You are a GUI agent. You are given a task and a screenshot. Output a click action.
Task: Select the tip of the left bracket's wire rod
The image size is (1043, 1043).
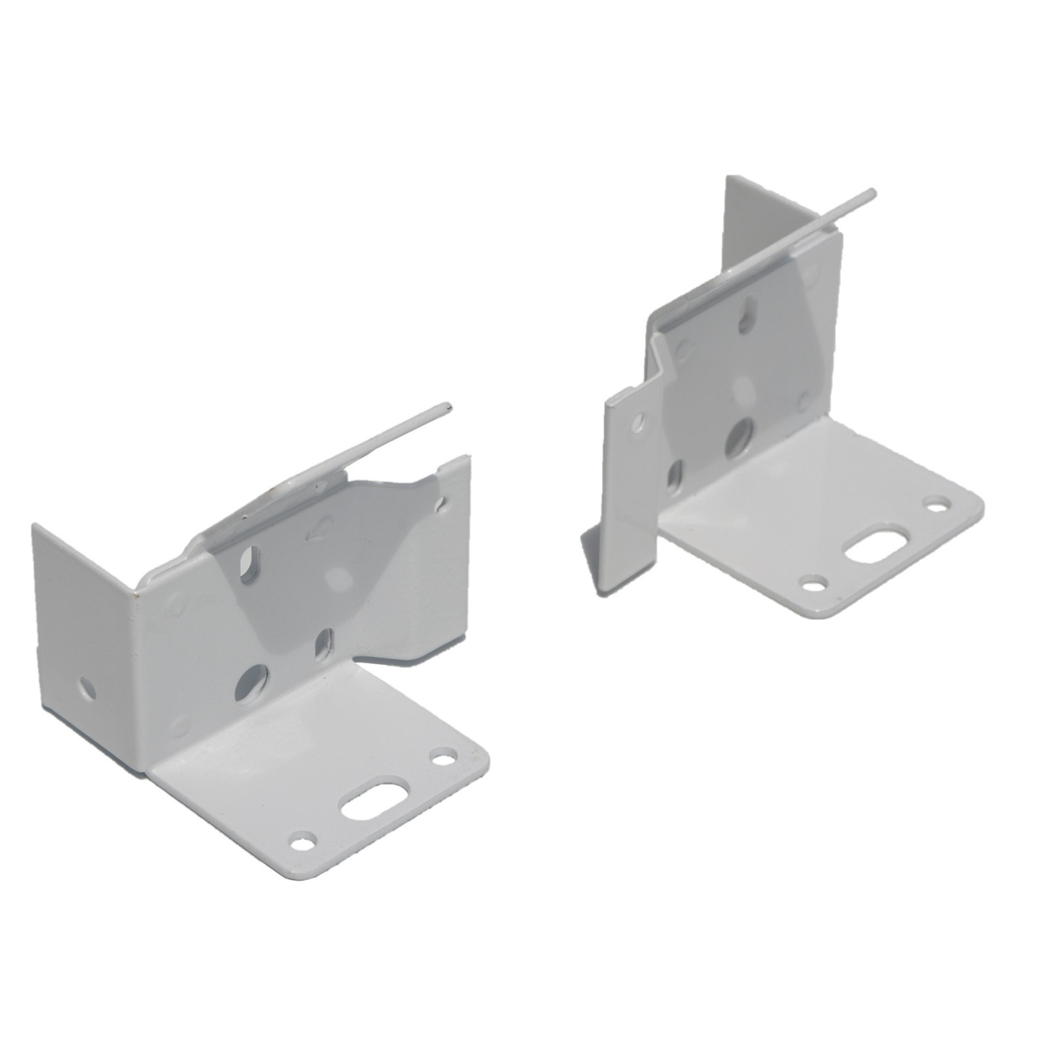coord(448,407)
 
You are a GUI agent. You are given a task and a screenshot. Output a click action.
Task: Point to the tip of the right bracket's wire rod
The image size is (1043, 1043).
coord(873,192)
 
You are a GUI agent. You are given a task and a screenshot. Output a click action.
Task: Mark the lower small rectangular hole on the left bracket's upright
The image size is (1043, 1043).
coord(323,640)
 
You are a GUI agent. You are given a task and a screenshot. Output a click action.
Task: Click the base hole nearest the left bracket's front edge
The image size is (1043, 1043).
coord(303,842)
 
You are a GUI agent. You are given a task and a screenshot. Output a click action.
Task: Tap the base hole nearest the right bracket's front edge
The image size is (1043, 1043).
coord(814,582)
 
